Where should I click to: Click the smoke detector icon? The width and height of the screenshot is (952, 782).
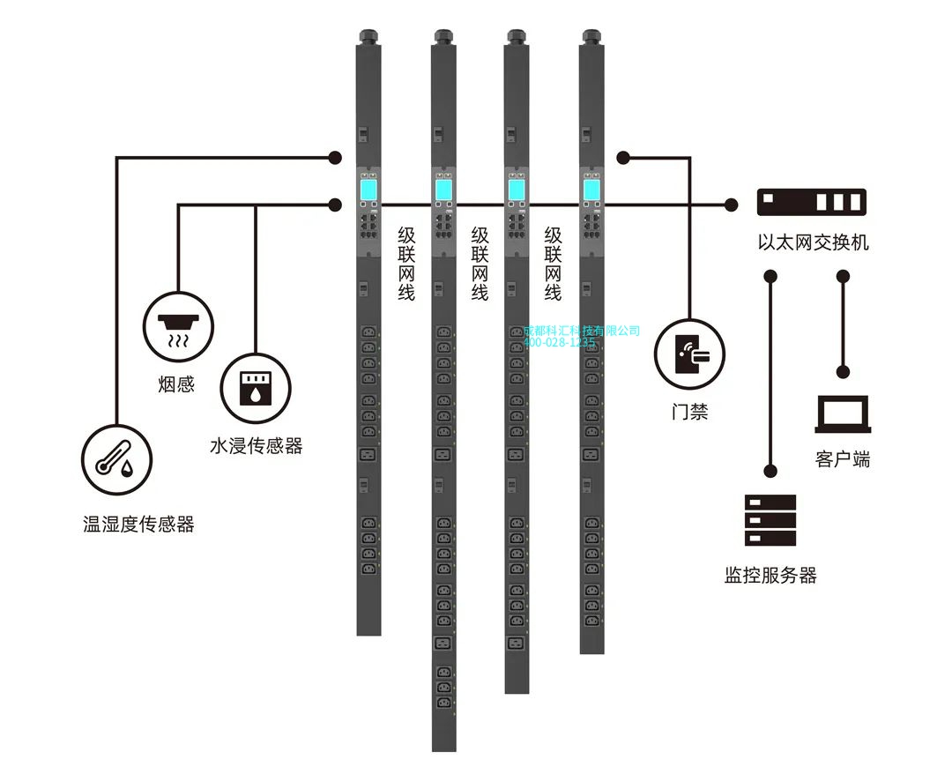(x=179, y=327)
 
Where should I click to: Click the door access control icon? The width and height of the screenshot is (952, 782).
(x=689, y=354)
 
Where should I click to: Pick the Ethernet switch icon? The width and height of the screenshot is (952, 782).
(x=812, y=202)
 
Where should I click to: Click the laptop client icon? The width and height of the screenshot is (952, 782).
(x=843, y=413)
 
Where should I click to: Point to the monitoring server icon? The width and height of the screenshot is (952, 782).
(x=770, y=520)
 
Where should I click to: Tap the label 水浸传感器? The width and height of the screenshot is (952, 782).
(x=256, y=446)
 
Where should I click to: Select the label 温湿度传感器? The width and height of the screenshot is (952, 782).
(x=138, y=525)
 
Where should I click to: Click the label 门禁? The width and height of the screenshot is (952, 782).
(x=689, y=412)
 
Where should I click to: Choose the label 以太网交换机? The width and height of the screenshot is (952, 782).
(x=813, y=242)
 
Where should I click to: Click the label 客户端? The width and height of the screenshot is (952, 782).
(x=843, y=459)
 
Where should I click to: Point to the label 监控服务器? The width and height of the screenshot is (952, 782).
(x=770, y=576)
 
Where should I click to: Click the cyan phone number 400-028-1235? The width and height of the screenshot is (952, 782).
(x=560, y=343)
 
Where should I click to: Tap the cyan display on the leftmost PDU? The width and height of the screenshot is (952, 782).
(x=368, y=188)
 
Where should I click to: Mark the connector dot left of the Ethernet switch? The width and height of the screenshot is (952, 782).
(x=731, y=205)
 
